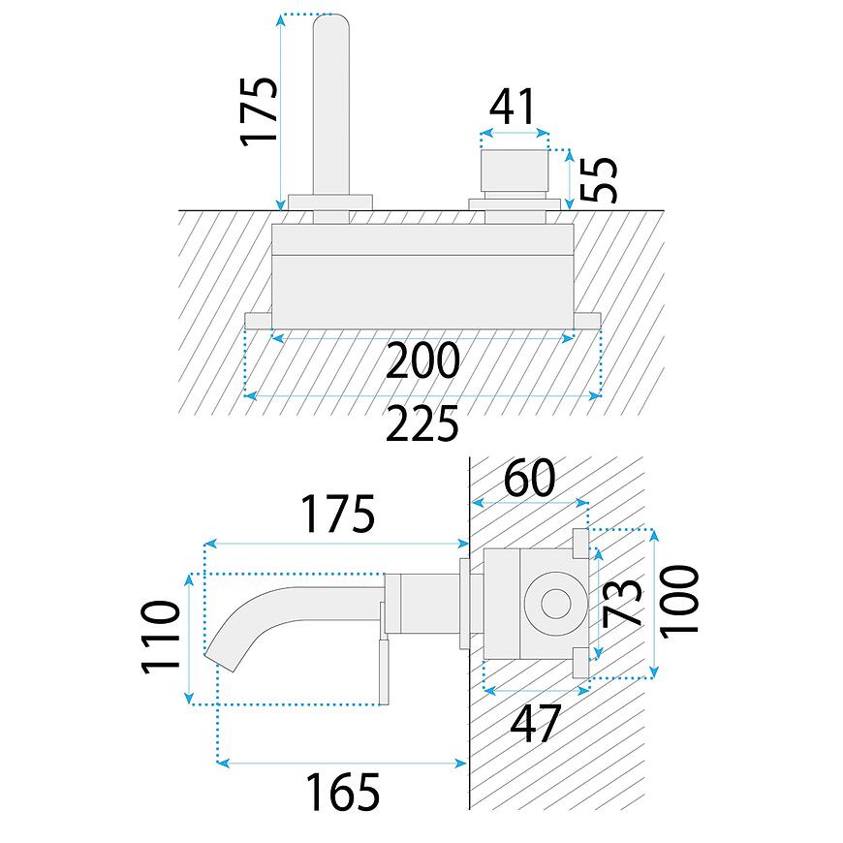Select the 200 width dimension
coord(421,361)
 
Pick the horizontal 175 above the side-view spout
coord(336,515)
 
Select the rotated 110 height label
coord(161,637)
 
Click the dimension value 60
coord(529,479)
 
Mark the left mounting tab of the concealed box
coord(259,321)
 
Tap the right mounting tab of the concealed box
coord(588,321)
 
